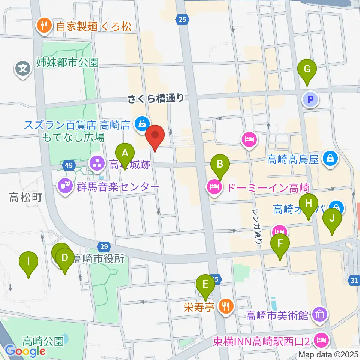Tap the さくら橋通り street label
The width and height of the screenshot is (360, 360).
coord(156,98)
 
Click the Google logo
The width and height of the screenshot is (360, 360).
coord(25,351)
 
